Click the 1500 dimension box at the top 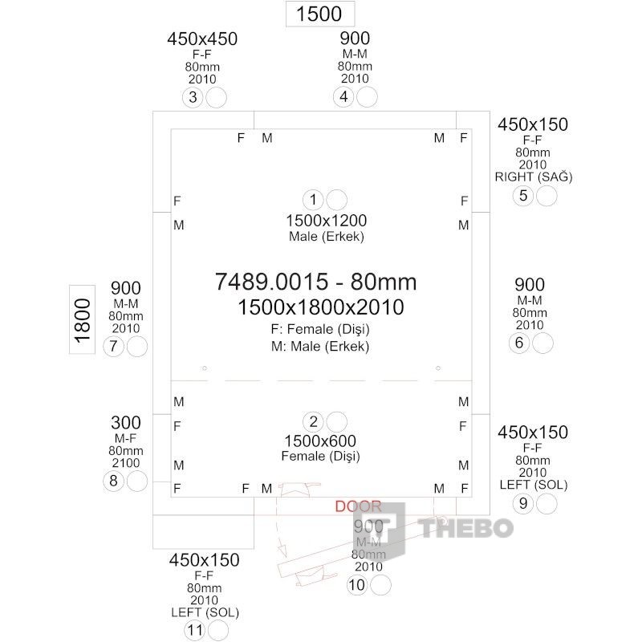(x=319, y=14)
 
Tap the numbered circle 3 (x=193, y=97)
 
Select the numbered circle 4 (x=343, y=97)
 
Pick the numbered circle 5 (x=523, y=195)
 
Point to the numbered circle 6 (x=519, y=343)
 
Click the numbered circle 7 (x=113, y=347)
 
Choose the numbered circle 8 (x=113, y=481)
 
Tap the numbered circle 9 (x=523, y=503)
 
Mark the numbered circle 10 (x=357, y=585)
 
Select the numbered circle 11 (x=194, y=630)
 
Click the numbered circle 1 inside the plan (x=313, y=199)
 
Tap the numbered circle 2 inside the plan (x=314, y=422)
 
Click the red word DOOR (x=358, y=506)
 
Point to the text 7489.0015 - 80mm (x=316, y=281)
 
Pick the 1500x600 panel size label (x=320, y=441)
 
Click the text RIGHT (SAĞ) (x=534, y=177)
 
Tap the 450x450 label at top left (x=202, y=39)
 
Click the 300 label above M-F (x=125, y=422)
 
